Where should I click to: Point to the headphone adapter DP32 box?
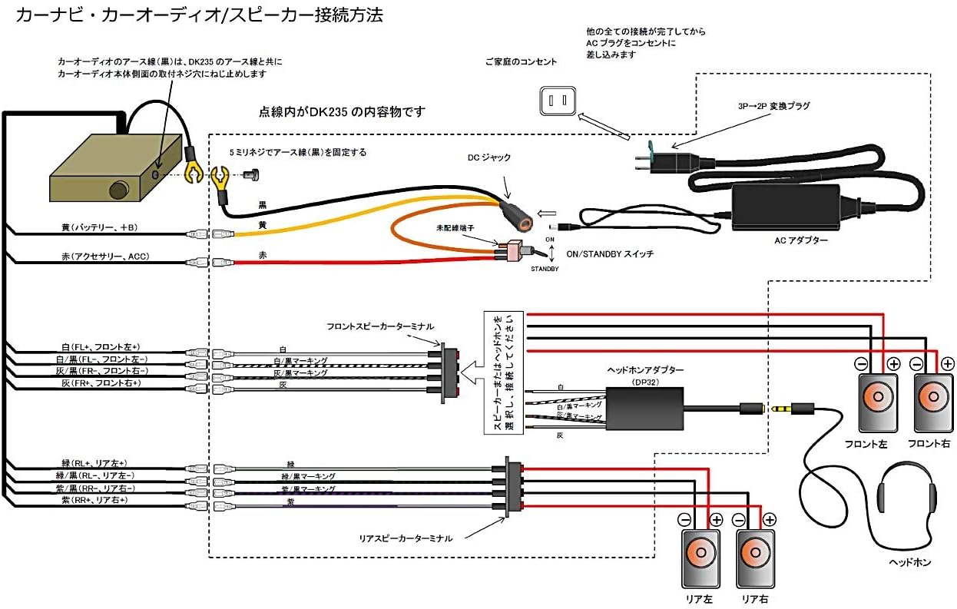click(x=644, y=405)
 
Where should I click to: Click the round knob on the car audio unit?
click(x=118, y=189)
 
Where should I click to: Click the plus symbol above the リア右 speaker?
click(x=769, y=519)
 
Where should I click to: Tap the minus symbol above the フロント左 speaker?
click(x=862, y=363)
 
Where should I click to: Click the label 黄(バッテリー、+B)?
click(x=99, y=228)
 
